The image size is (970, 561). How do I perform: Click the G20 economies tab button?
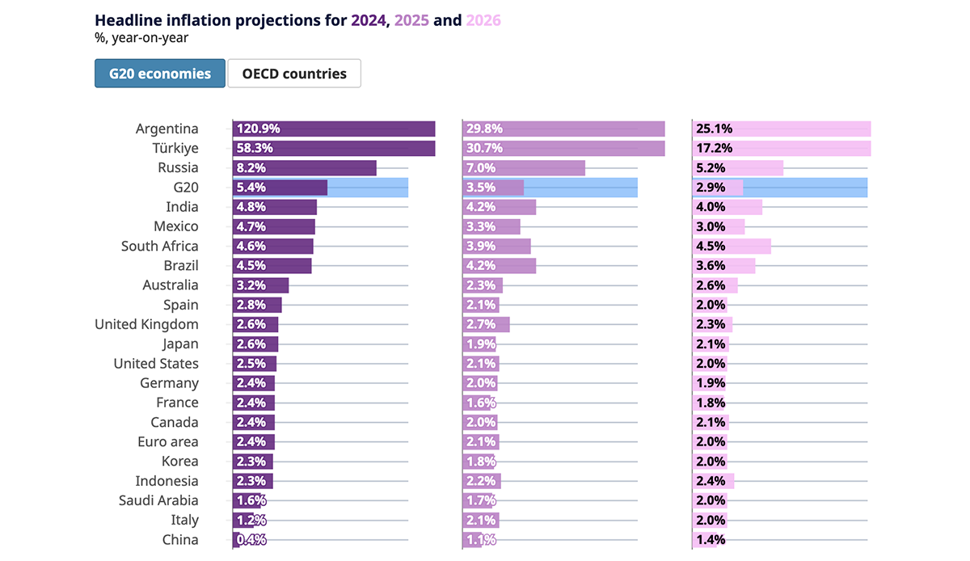159,74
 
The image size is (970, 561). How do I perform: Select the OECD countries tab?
294,74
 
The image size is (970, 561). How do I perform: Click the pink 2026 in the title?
483,19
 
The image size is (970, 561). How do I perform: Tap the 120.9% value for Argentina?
257,129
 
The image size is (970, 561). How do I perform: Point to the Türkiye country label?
175,149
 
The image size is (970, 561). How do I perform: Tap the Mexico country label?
176,226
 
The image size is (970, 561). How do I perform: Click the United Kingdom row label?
146,324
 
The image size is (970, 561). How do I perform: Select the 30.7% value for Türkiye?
483,149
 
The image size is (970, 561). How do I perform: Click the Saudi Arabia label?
158,500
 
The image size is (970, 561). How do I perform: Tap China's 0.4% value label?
251,540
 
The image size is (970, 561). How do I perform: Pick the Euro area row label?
167,441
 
